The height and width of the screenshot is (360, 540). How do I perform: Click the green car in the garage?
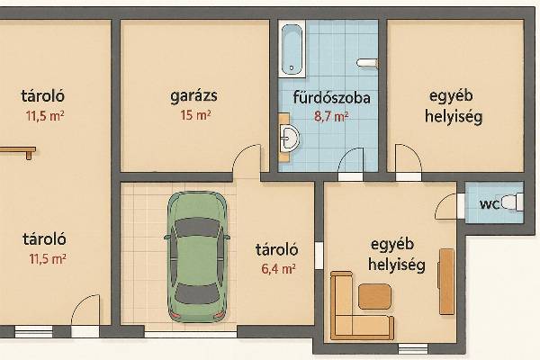tap(197, 257)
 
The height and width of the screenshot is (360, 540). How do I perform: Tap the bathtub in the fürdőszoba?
tap(292, 49)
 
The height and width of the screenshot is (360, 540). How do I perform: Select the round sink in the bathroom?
tap(289, 139)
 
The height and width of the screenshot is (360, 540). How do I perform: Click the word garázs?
tap(193, 96)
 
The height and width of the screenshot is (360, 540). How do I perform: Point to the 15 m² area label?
tap(195, 115)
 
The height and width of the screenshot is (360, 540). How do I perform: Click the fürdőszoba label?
tap(331, 97)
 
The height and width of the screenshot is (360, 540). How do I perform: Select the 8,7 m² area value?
tap(331, 116)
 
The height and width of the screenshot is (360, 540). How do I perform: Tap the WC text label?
tap(490, 204)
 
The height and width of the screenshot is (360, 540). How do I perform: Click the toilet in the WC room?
tap(513, 202)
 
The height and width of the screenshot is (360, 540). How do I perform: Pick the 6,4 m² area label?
tap(278, 268)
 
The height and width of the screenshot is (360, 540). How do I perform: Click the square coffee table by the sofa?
tap(374, 296)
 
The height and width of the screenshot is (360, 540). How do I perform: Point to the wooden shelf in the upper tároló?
tap(18, 151)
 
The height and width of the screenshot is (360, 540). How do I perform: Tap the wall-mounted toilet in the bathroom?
tap(367, 63)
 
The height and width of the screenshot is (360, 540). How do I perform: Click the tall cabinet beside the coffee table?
tap(446, 282)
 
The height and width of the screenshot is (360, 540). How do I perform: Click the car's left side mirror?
tap(167, 237)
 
